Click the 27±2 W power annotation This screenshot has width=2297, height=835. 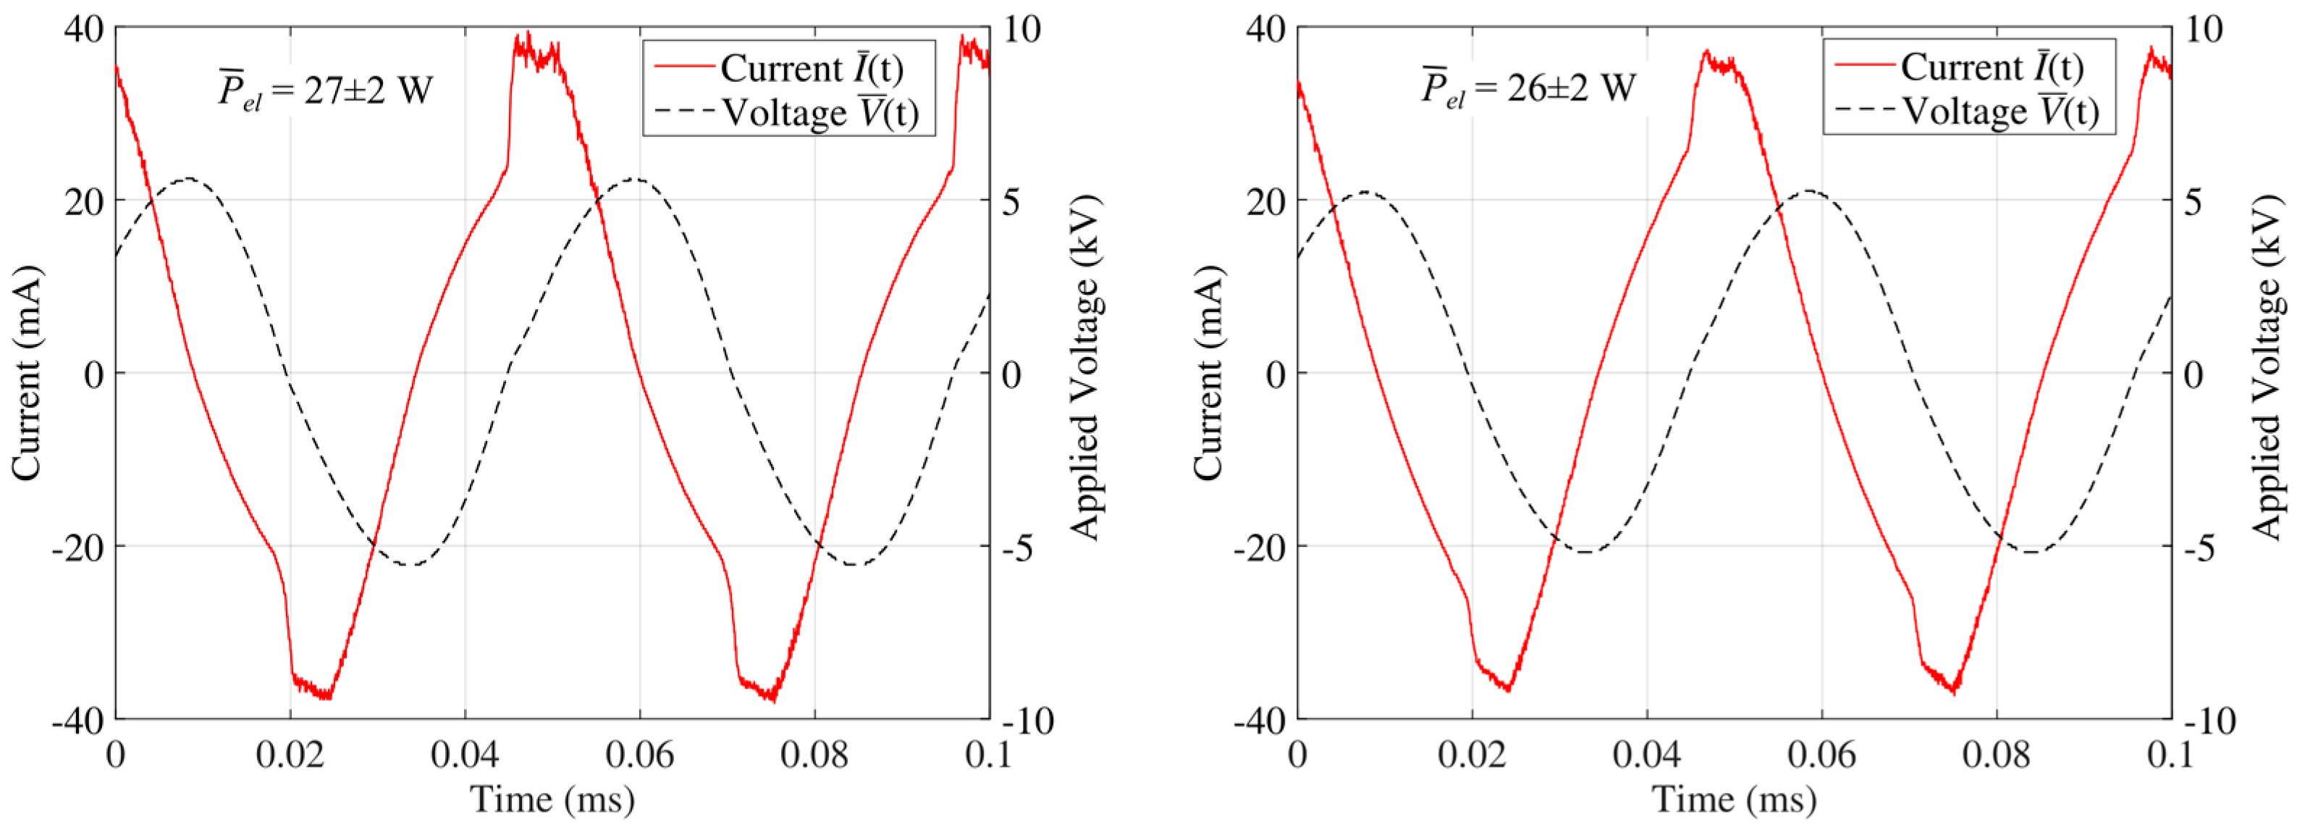click(x=326, y=90)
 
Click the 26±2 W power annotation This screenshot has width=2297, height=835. click(x=1528, y=88)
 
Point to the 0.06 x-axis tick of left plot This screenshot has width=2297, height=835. click(x=639, y=755)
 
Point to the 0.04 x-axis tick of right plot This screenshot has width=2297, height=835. click(x=1646, y=755)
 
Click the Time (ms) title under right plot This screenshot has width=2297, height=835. click(x=1734, y=798)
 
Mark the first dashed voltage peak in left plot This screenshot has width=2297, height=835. click(x=187, y=180)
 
